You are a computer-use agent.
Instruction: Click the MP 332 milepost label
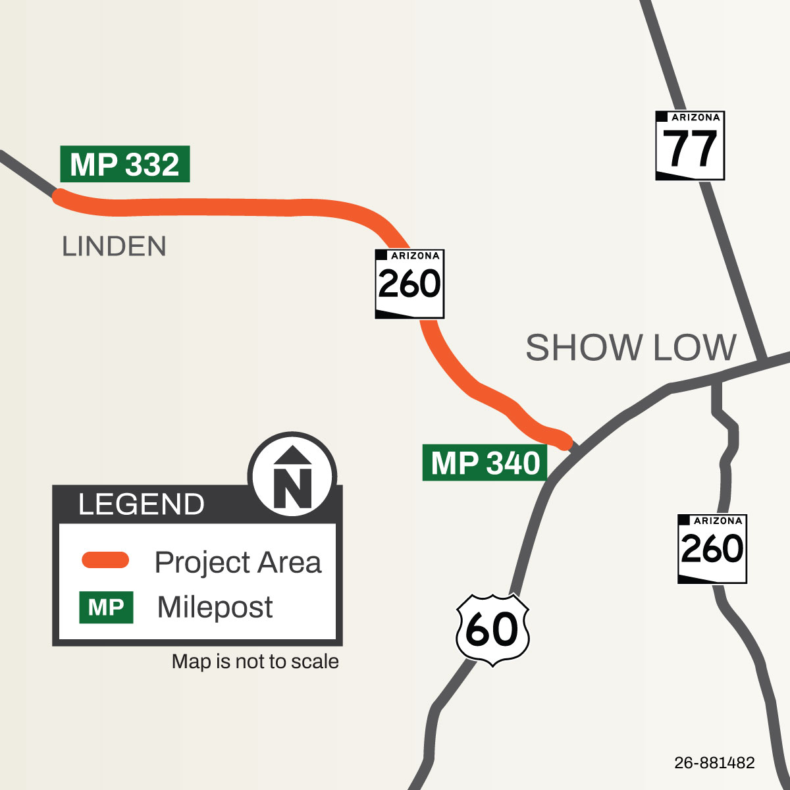124,164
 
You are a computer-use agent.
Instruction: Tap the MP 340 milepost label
485,463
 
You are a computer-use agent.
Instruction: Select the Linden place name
114,247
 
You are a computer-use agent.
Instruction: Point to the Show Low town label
631,348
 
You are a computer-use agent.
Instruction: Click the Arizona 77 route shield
690,145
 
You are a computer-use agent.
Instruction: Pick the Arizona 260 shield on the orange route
409,284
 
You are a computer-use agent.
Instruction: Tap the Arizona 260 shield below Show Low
712,549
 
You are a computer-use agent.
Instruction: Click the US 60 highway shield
492,629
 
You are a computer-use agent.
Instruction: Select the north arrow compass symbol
292,473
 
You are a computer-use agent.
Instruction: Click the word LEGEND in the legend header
141,504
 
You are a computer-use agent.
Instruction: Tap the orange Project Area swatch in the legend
105,560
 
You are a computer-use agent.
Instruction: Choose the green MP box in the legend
106,607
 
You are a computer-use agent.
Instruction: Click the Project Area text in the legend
238,562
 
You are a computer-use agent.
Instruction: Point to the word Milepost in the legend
215,607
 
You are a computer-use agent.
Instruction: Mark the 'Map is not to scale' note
255,662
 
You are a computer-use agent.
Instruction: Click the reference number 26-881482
714,763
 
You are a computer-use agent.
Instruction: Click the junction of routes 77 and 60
763,361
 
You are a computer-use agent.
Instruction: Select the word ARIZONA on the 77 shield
695,118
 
